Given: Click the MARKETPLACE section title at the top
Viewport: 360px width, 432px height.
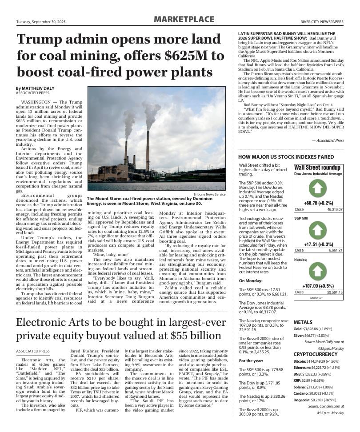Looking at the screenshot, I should (x=184, y=20).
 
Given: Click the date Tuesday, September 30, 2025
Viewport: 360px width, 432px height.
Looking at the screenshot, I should (x=41, y=22).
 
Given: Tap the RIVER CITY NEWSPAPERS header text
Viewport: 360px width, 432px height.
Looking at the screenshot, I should (x=322, y=22).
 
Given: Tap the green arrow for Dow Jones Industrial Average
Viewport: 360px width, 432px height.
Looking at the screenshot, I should (x=317, y=188).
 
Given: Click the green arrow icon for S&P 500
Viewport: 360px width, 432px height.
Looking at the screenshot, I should (x=317, y=230).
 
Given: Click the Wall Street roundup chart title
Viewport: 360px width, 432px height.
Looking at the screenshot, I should (x=317, y=168).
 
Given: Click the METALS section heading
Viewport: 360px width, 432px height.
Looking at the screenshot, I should (x=303, y=322).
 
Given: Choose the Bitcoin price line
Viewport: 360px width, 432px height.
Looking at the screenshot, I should (x=316, y=361).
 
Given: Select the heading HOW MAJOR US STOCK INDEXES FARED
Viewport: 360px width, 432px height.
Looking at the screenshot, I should (x=286, y=157).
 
